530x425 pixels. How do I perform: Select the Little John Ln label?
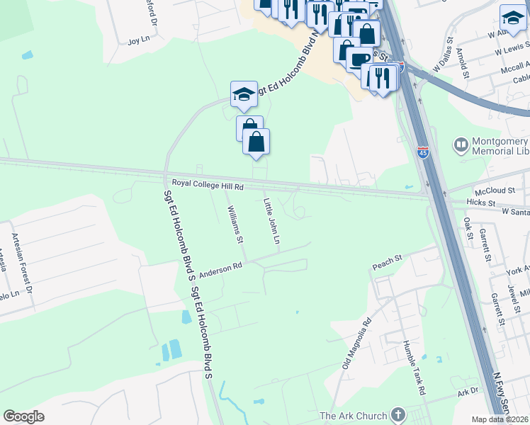pos(272,222)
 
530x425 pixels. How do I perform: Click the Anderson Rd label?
pos(220,270)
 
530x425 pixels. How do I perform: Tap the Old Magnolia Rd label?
pos(356,344)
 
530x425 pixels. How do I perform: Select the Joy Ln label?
pos(136,42)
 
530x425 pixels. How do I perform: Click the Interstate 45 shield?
pos(422,152)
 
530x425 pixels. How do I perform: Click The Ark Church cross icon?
pos(398,416)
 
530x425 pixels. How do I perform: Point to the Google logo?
pos(24,416)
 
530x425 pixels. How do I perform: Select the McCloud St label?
pos(495,191)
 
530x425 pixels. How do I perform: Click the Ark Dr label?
pos(468,392)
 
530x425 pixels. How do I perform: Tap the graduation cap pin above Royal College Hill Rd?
pos(242,95)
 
